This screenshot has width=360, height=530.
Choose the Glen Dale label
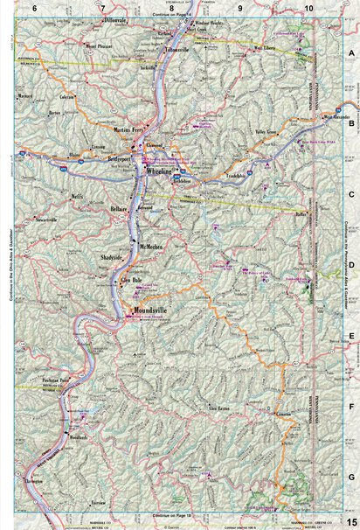click(x=130, y=279)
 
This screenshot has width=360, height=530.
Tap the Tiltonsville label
click(x=177, y=50)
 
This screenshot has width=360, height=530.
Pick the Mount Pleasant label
click(x=95, y=41)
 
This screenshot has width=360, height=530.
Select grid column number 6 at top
click(x=34, y=7)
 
